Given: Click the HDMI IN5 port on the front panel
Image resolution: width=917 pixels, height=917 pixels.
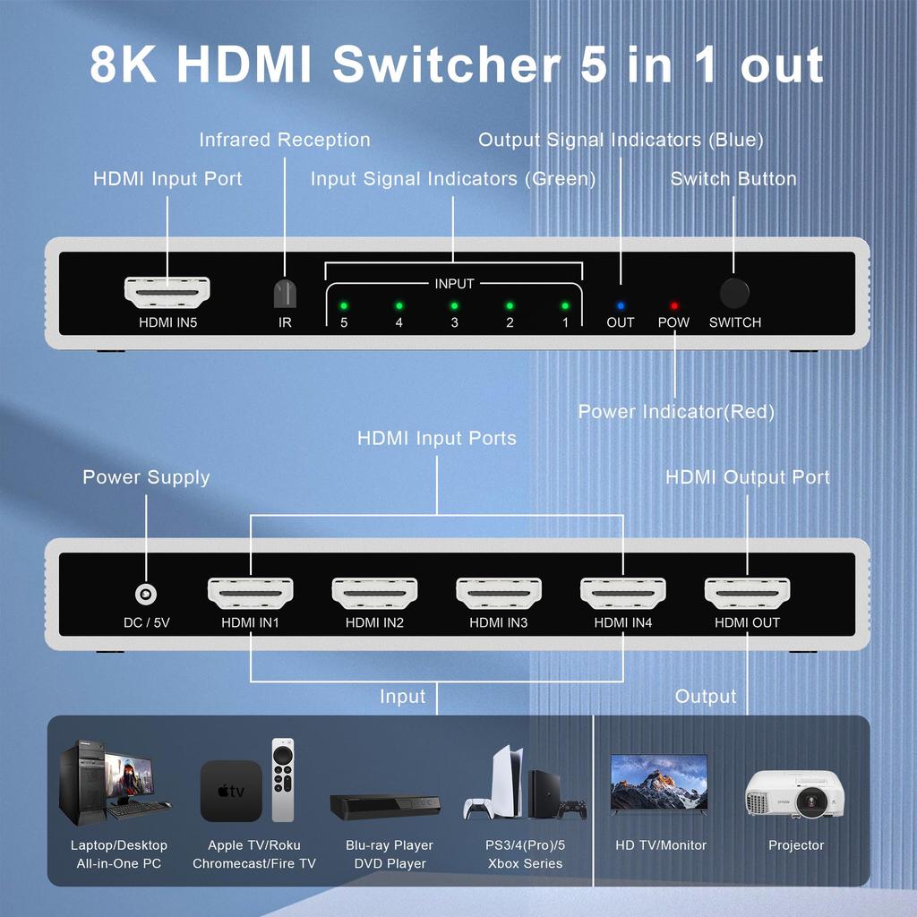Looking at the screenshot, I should tap(167, 291).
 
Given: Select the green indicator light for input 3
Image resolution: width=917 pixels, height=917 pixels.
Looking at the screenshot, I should tap(454, 305).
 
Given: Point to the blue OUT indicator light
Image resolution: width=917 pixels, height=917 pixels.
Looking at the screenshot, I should tap(620, 305).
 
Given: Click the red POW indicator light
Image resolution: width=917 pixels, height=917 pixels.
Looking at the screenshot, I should tap(673, 305).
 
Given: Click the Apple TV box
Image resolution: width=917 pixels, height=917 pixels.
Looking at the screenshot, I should tap(231, 791).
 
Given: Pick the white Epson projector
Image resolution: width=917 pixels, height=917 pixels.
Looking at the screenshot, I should tap(795, 794).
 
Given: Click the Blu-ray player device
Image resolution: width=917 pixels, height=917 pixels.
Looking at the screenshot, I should tap(385, 806).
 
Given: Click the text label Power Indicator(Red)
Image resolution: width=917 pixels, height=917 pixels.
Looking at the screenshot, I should tap(676, 412).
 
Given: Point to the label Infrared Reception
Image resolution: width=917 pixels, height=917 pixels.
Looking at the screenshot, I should tap(284, 140).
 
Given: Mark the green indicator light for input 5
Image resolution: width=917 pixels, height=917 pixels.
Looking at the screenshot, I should tap(343, 305).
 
